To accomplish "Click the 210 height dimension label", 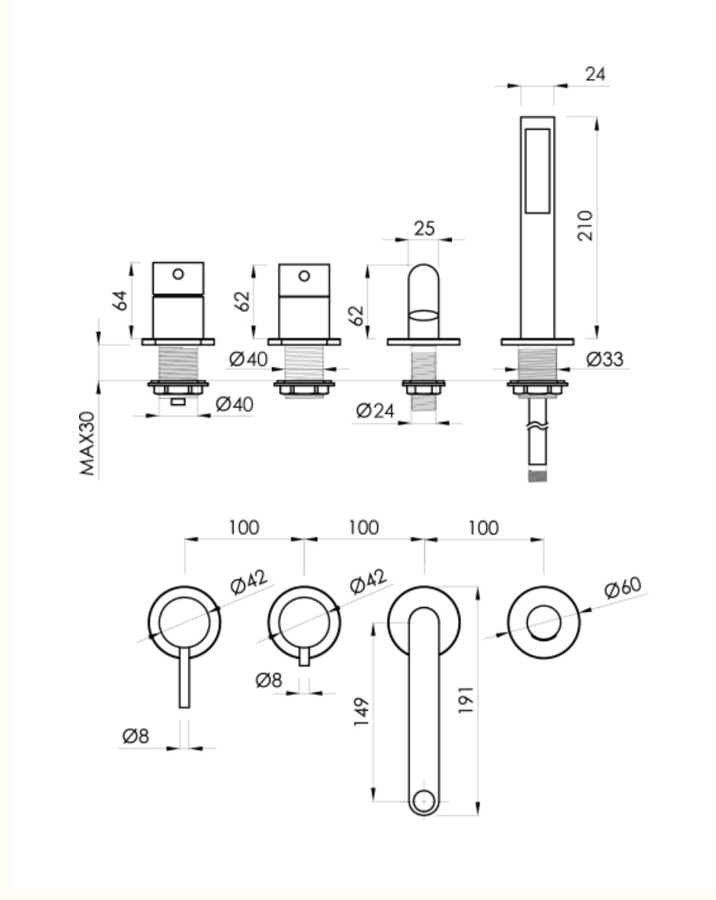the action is click(585, 225).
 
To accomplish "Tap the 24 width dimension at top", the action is click(595, 74).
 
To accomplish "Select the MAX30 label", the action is click(88, 443).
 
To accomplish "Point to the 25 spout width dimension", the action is click(424, 228).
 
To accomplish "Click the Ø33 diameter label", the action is click(605, 360).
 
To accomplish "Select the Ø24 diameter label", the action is click(375, 411).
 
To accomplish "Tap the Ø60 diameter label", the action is click(623, 586).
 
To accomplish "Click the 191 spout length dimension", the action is click(466, 699).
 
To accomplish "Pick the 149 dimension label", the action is click(361, 712).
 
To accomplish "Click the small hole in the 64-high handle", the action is click(178, 274).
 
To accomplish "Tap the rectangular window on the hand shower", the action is click(538, 171).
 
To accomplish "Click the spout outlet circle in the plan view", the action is click(424, 800).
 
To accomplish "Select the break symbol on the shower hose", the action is click(538, 426).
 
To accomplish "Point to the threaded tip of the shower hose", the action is click(538, 476).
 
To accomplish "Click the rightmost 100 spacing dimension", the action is click(484, 527).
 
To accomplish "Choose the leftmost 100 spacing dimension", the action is click(244, 527).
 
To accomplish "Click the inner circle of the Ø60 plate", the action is click(543, 623).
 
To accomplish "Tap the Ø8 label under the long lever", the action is click(136, 736).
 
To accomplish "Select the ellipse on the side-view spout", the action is click(423, 315).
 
